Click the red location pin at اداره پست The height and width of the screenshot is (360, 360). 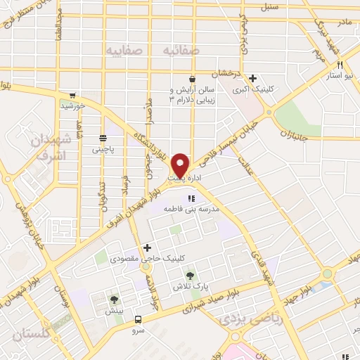click(181, 165)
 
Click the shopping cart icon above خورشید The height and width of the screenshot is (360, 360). click(72, 96)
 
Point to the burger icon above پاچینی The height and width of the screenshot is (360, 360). click(103, 139)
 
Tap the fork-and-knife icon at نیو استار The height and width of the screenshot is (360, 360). click(339, 64)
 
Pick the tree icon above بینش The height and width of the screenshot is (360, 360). click(114, 300)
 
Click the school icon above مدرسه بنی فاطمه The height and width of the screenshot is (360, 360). click(192, 198)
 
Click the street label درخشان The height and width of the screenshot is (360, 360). click(227, 72)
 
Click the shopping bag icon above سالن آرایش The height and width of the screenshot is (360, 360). click(192, 79)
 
